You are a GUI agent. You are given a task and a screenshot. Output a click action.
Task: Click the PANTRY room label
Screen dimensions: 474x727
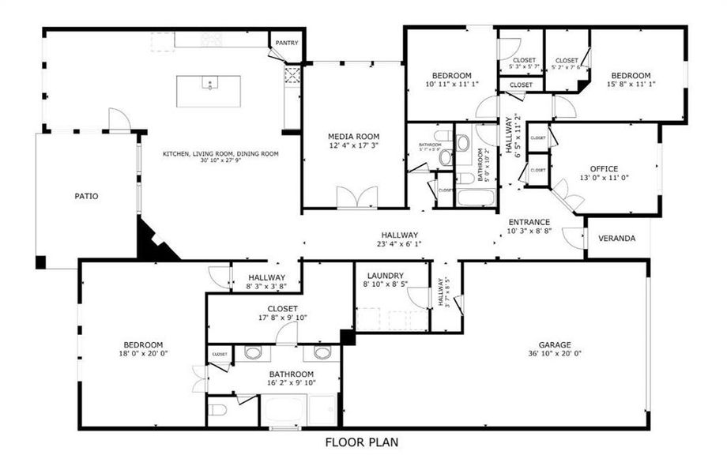coord(287,43)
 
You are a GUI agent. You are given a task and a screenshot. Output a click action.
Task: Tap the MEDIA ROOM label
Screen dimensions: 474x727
coord(354,135)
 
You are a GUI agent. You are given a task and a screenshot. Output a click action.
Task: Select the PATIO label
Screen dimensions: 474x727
coord(86,196)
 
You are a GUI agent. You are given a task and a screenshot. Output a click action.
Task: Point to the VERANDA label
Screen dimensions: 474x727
coord(616,238)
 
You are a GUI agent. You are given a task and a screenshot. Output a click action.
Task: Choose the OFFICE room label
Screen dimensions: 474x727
coord(604,168)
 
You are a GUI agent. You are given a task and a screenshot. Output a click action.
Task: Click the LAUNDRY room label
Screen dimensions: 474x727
coord(385,275)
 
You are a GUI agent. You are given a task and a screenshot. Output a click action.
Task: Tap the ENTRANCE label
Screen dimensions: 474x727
coord(529,222)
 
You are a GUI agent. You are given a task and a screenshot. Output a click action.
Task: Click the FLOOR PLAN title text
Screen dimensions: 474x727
coord(362,442)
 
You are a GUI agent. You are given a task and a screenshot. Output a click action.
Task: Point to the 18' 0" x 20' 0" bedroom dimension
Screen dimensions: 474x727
coord(143,354)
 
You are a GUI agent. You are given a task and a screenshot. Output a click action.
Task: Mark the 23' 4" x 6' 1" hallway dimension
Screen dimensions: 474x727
coord(399,244)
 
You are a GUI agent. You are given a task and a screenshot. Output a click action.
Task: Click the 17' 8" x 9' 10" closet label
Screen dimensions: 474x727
coord(282,318)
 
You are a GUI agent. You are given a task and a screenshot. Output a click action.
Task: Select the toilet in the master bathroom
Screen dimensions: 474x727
coord(220,410)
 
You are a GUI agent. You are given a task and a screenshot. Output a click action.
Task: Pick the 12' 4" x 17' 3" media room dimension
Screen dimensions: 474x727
coord(354,145)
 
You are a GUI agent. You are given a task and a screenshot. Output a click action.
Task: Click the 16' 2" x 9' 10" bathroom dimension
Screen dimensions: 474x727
coord(292,383)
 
